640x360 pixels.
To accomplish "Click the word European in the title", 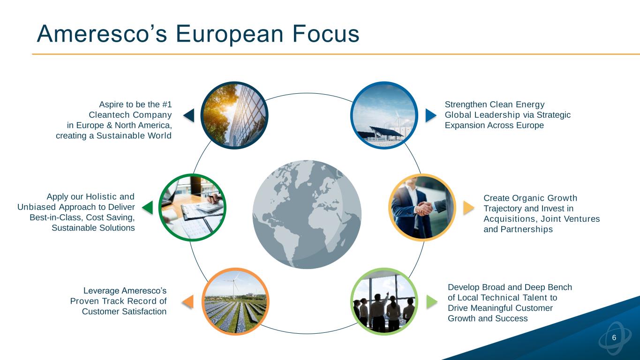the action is pyautogui.click(x=229, y=35).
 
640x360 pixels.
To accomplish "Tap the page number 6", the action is pyautogui.click(x=614, y=337).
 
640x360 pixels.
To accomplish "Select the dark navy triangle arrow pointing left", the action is pyautogui.click(x=189, y=115).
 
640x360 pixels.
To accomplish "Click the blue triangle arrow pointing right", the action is pyautogui.click(x=431, y=115).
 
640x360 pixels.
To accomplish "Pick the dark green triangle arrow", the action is pyautogui.click(x=147, y=208).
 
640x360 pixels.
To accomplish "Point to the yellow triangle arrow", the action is pyautogui.click(x=468, y=208).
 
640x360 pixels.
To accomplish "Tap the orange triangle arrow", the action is pyautogui.click(x=188, y=302).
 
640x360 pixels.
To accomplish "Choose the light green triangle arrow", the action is pyautogui.click(x=432, y=302).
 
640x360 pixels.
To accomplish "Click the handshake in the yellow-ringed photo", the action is pyautogui.click(x=424, y=209).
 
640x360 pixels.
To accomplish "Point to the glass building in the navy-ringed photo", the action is pyautogui.click(x=248, y=115).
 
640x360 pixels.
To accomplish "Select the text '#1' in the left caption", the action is pyautogui.click(x=167, y=105).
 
